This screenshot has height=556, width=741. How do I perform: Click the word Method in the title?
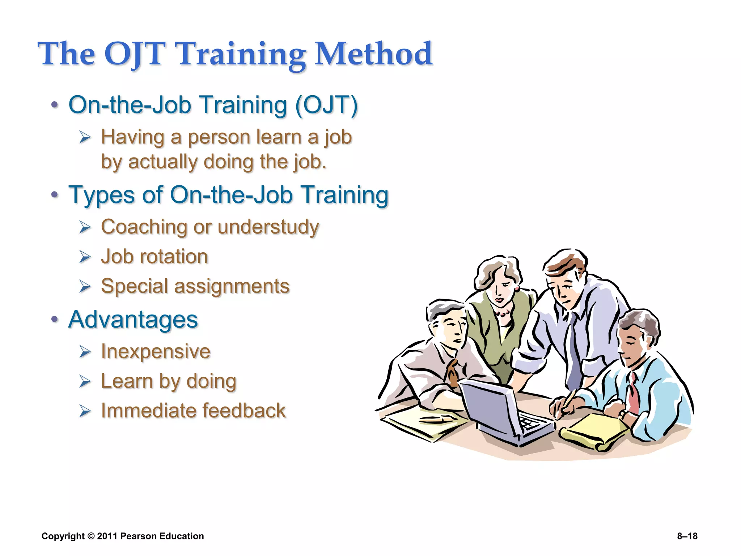tap(374, 54)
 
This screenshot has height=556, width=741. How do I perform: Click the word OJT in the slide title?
tap(135, 54)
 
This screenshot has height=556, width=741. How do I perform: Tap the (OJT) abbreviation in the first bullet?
tap(326, 105)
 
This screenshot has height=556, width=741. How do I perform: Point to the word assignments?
tap(232, 286)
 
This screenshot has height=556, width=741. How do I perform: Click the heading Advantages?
tap(133, 320)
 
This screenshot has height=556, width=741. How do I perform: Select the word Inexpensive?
tap(156, 351)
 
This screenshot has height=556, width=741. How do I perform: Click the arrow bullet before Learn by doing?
tap(85, 382)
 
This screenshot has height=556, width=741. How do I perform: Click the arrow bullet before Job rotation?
tap(85, 257)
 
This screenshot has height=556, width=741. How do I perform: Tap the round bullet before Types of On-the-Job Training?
tap(55, 195)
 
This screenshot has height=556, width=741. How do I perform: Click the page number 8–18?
tap(687, 536)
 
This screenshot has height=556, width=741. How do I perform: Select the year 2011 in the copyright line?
tap(107, 536)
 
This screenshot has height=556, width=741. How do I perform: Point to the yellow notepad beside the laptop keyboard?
tap(593, 431)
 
